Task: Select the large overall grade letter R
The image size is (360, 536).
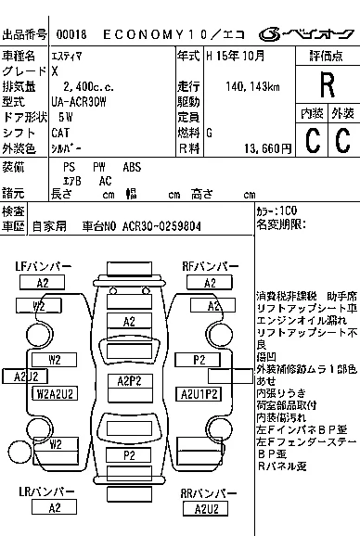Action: [x=326, y=86]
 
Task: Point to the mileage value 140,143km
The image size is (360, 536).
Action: [x=252, y=86]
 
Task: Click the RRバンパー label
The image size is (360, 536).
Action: [x=206, y=493]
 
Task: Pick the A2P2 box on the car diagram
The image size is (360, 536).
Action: [x=130, y=380]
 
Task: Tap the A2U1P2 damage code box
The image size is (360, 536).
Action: [x=199, y=393]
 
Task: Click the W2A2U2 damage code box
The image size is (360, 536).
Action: [x=55, y=393]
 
